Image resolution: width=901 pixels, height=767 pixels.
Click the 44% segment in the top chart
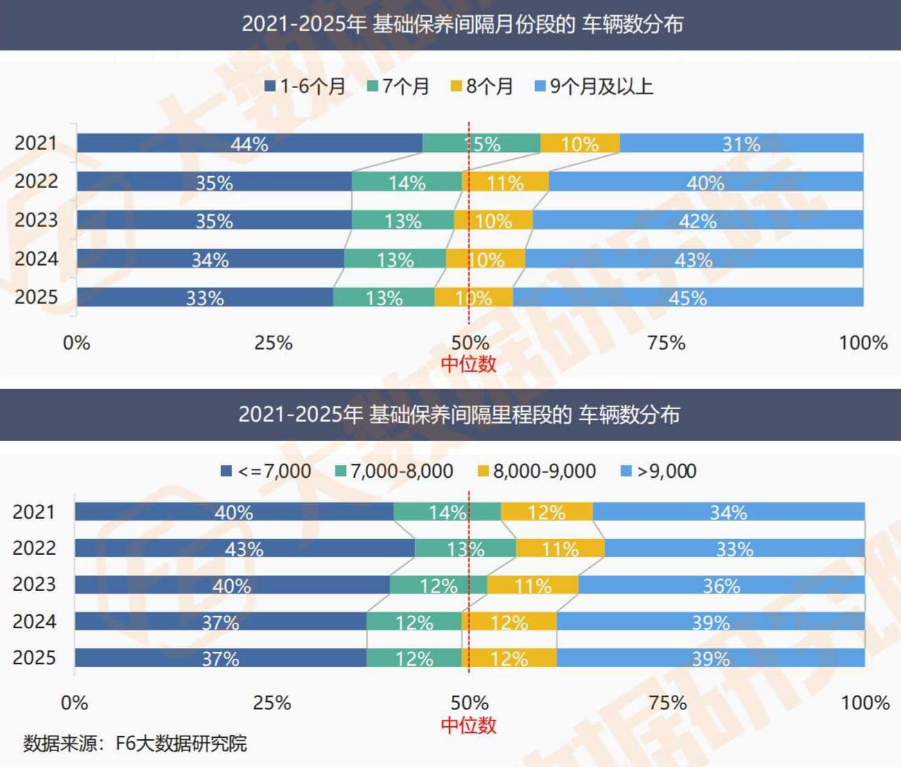250,144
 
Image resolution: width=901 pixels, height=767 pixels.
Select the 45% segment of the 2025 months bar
688,298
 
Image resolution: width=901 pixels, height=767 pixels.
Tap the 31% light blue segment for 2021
741,144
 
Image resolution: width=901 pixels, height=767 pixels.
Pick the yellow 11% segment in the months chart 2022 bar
505,182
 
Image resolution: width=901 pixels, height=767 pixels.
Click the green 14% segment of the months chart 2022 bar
407,182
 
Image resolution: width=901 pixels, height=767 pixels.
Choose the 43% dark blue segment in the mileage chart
244,549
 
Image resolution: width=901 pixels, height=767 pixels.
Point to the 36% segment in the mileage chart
721,585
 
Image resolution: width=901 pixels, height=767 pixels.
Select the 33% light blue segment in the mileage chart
734,549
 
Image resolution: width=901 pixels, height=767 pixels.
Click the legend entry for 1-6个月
306,87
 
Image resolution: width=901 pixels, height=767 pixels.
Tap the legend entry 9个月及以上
594,87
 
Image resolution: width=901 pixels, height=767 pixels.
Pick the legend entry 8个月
482,87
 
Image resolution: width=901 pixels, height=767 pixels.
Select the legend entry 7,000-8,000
394,472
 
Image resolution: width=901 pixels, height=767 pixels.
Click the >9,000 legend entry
658,472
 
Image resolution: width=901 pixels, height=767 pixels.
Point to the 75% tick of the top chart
666,343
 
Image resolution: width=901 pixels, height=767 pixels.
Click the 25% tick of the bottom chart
272,703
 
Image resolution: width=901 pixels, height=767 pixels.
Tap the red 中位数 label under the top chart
469,363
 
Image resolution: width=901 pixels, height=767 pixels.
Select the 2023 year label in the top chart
36,220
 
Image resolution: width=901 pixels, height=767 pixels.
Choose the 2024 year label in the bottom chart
34,621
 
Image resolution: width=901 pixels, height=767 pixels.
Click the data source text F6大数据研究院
135,743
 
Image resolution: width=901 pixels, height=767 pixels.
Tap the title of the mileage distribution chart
459,415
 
